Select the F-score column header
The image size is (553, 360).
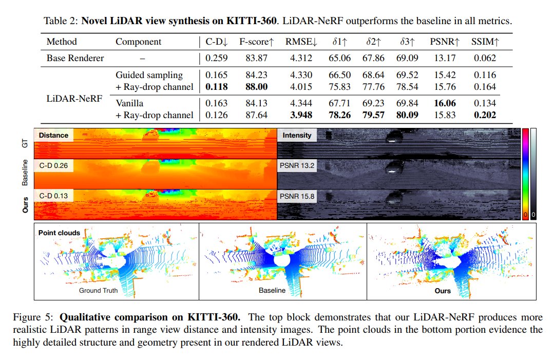(x=255, y=42)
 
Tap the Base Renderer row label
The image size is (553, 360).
(x=75, y=58)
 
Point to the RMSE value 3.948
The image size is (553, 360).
(x=299, y=115)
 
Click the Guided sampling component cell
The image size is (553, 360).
(x=149, y=75)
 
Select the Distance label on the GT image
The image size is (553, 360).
(x=53, y=136)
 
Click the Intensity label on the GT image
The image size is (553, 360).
(x=297, y=136)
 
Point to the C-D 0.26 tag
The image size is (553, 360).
(x=54, y=166)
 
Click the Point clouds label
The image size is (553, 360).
(x=59, y=232)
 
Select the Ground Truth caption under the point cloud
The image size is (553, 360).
(x=98, y=291)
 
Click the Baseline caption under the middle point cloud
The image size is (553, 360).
(x=272, y=291)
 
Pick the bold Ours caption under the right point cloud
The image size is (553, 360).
(x=442, y=291)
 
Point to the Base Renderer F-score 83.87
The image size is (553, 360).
(x=256, y=58)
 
